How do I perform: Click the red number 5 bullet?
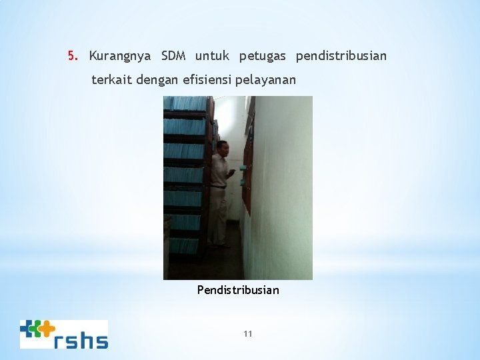click(x=72, y=56)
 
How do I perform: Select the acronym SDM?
click(x=175, y=56)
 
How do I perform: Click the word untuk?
click(x=212, y=56)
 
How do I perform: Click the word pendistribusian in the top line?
click(x=341, y=56)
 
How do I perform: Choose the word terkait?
click(x=111, y=80)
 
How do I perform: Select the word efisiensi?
click(x=207, y=80)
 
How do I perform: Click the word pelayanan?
click(x=266, y=81)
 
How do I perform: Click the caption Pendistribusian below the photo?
click(x=238, y=290)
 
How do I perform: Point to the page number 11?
click(x=248, y=334)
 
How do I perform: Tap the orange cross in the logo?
click(x=46, y=327)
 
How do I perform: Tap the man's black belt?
click(x=217, y=187)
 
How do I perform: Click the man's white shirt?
click(x=219, y=170)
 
